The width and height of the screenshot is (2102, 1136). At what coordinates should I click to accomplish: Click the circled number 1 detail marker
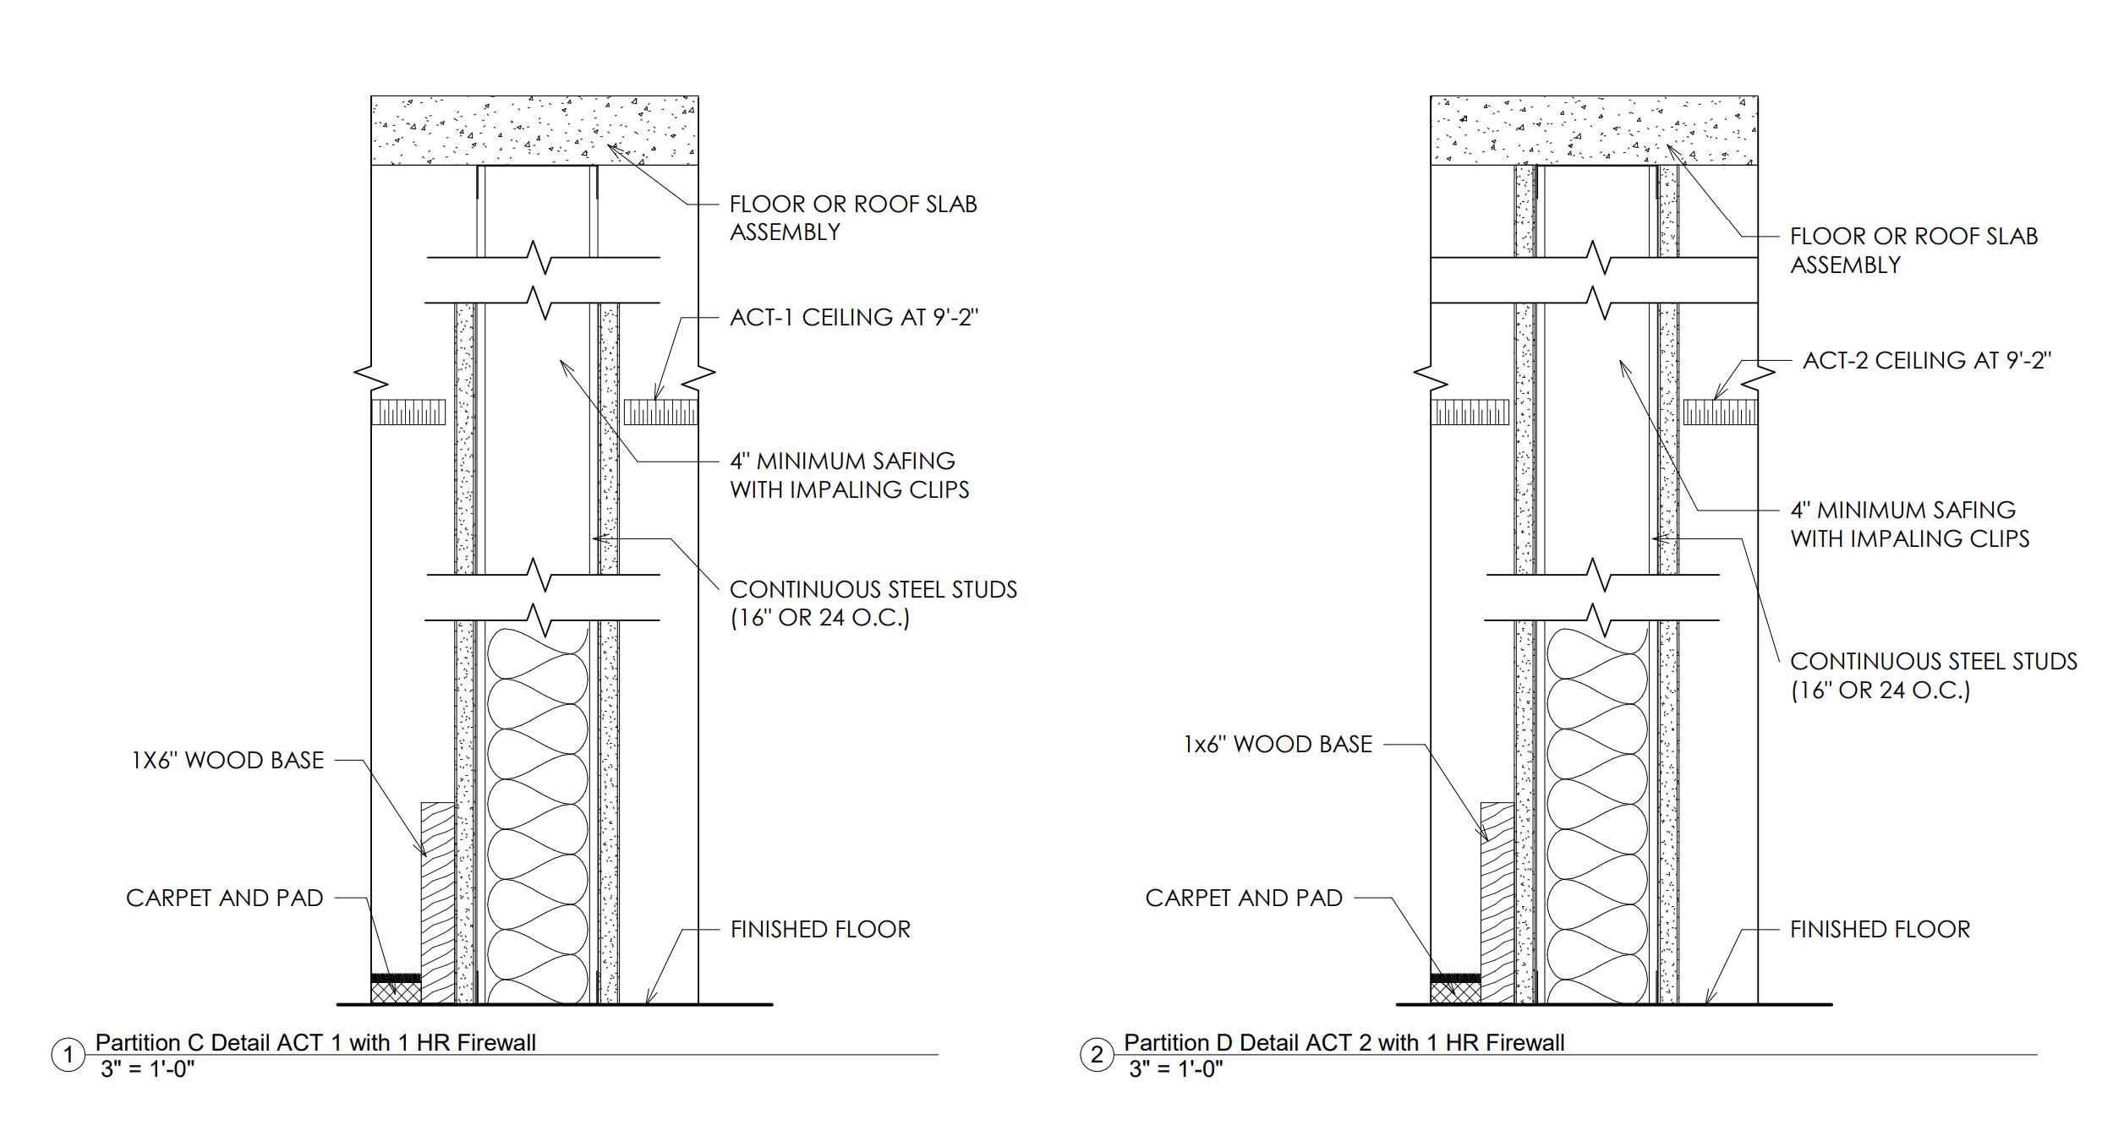click(x=68, y=1055)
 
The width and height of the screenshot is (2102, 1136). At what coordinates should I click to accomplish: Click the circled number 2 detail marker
click(x=1097, y=1055)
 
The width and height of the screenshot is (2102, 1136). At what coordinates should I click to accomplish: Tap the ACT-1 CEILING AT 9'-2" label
click(x=854, y=318)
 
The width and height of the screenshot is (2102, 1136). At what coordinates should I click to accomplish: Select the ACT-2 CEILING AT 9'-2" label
click(x=1926, y=361)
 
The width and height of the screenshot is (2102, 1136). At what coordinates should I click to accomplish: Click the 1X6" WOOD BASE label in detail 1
click(x=227, y=761)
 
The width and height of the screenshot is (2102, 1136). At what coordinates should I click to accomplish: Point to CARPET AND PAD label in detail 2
click(x=1244, y=898)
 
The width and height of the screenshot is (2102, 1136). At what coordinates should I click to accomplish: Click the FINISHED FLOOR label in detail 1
click(x=820, y=930)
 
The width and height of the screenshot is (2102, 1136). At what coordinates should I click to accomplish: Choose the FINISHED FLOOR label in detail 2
click(x=1880, y=930)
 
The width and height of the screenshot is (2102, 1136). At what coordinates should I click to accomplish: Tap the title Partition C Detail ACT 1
click(x=315, y=1043)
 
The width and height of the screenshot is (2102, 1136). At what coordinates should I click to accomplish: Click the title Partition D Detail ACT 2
click(x=1344, y=1043)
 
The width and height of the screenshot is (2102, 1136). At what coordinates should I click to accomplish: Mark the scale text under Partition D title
click(x=1175, y=1069)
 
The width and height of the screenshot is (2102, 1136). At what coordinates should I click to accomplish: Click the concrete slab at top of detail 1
click(x=534, y=130)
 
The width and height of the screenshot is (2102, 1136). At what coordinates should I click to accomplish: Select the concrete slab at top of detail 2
click(x=1594, y=130)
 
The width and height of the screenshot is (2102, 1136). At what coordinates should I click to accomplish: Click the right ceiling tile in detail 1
click(x=661, y=412)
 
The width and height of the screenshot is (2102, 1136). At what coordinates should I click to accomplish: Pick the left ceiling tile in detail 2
click(x=1470, y=412)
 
